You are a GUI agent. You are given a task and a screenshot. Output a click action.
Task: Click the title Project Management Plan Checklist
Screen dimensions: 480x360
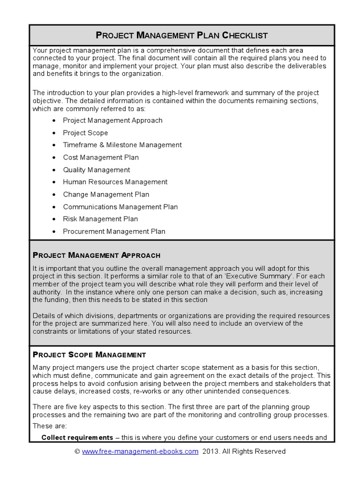[x=181, y=35]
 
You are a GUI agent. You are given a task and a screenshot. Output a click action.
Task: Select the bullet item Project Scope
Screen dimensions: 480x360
[x=85, y=133]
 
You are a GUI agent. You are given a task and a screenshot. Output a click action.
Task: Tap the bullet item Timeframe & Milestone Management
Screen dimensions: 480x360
[x=122, y=145]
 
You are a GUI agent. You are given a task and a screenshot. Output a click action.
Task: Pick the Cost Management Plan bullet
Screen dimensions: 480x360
[x=101, y=157]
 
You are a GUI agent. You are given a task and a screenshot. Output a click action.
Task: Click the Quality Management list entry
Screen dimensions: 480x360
[x=97, y=170]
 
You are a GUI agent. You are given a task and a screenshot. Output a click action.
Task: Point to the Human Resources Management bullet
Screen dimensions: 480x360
[x=115, y=182]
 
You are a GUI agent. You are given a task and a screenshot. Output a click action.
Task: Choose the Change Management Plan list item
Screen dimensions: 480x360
[x=106, y=194]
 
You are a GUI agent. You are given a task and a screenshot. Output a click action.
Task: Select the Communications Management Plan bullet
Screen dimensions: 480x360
[x=120, y=207]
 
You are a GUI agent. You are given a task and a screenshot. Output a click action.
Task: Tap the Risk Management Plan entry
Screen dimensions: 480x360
[x=100, y=219]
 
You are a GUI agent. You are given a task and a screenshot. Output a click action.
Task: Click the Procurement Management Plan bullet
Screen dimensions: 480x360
[x=114, y=231]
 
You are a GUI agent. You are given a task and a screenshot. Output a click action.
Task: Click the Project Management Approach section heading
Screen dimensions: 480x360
[x=97, y=255]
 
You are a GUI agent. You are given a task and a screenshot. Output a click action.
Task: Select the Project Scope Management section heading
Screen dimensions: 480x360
[x=89, y=355]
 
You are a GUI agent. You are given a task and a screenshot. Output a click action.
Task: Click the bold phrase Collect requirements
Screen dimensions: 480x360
[x=77, y=437]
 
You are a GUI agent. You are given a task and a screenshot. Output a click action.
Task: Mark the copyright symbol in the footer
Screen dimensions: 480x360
[x=77, y=451]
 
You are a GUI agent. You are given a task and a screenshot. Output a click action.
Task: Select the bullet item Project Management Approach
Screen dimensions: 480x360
[x=112, y=120]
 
